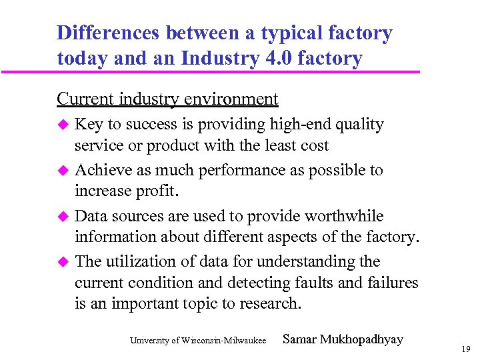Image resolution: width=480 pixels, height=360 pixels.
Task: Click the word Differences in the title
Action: [x=108, y=33]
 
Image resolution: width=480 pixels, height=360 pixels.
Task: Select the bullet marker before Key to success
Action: [x=64, y=125]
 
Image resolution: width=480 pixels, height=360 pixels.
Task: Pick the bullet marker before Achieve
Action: [x=64, y=171]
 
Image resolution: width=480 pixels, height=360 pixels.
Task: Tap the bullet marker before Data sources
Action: [x=64, y=217]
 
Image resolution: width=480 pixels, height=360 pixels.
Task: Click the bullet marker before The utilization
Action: [x=64, y=262]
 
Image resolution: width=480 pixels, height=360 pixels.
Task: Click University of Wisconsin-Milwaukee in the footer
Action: [x=198, y=341]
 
